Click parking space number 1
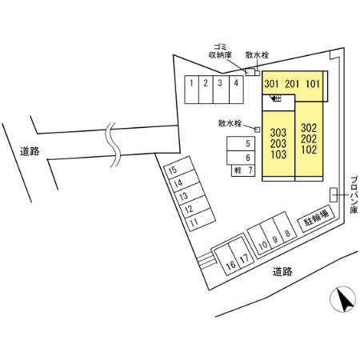[x=192, y=90]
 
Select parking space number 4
[x=236, y=90]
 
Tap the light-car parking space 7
[x=243, y=170]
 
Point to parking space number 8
[x=285, y=227]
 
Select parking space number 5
[x=241, y=144]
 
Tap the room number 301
[x=271, y=84]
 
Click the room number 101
[x=313, y=84]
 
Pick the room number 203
[x=278, y=144]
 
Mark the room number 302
[x=309, y=128]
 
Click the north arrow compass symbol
[x=342, y=299]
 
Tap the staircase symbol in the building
[x=276, y=98]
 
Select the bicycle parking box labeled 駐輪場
[x=316, y=218]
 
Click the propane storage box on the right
[x=334, y=194]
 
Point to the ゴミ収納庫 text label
[x=220, y=51]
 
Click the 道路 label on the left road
[x=30, y=152]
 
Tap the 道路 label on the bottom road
[x=282, y=272]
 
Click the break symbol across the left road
[x=114, y=145]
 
